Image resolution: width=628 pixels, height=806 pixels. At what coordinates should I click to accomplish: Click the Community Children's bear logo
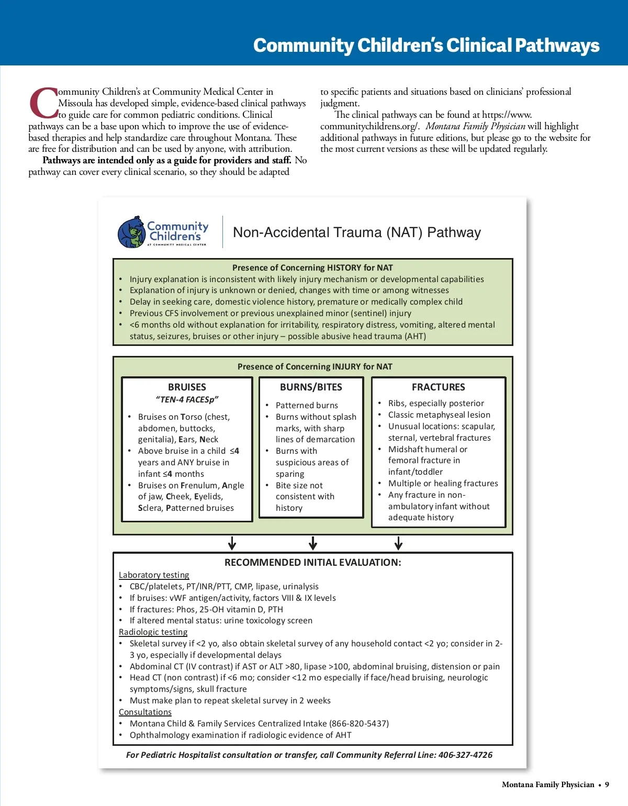[131, 232]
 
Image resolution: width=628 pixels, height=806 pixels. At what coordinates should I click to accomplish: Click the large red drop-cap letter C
[43, 103]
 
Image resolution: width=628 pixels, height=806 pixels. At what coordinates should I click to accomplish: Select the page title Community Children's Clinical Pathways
[426, 46]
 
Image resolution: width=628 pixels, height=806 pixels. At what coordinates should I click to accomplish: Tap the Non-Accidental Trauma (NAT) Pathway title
[356, 232]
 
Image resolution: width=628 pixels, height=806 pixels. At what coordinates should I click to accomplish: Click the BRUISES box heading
[187, 387]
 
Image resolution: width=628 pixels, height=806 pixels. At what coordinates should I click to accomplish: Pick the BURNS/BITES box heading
[311, 387]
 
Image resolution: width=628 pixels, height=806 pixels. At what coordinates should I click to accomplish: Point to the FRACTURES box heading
[438, 387]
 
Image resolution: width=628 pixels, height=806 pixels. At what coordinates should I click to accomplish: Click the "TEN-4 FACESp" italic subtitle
[187, 400]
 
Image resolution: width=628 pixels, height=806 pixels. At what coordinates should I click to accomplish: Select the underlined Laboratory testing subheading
[154, 575]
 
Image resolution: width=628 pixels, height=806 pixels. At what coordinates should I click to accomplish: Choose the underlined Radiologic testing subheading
[153, 632]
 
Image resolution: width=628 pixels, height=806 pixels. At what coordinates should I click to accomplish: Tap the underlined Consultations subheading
[145, 712]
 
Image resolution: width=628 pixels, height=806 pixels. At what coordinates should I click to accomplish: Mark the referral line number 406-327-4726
[465, 755]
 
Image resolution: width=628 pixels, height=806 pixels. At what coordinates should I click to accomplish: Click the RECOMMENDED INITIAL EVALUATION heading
[312, 563]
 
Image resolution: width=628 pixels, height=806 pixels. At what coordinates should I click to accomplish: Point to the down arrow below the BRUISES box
[232, 543]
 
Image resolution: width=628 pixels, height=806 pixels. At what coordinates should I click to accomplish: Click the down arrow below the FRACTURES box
[398, 543]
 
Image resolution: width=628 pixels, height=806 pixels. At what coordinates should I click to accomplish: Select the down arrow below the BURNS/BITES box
[313, 543]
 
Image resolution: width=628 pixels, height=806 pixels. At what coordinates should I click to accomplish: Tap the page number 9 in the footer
[607, 785]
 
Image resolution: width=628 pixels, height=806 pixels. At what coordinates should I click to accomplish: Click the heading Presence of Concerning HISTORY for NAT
[312, 268]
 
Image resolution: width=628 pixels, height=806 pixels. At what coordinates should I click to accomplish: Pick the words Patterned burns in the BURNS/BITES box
[307, 406]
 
